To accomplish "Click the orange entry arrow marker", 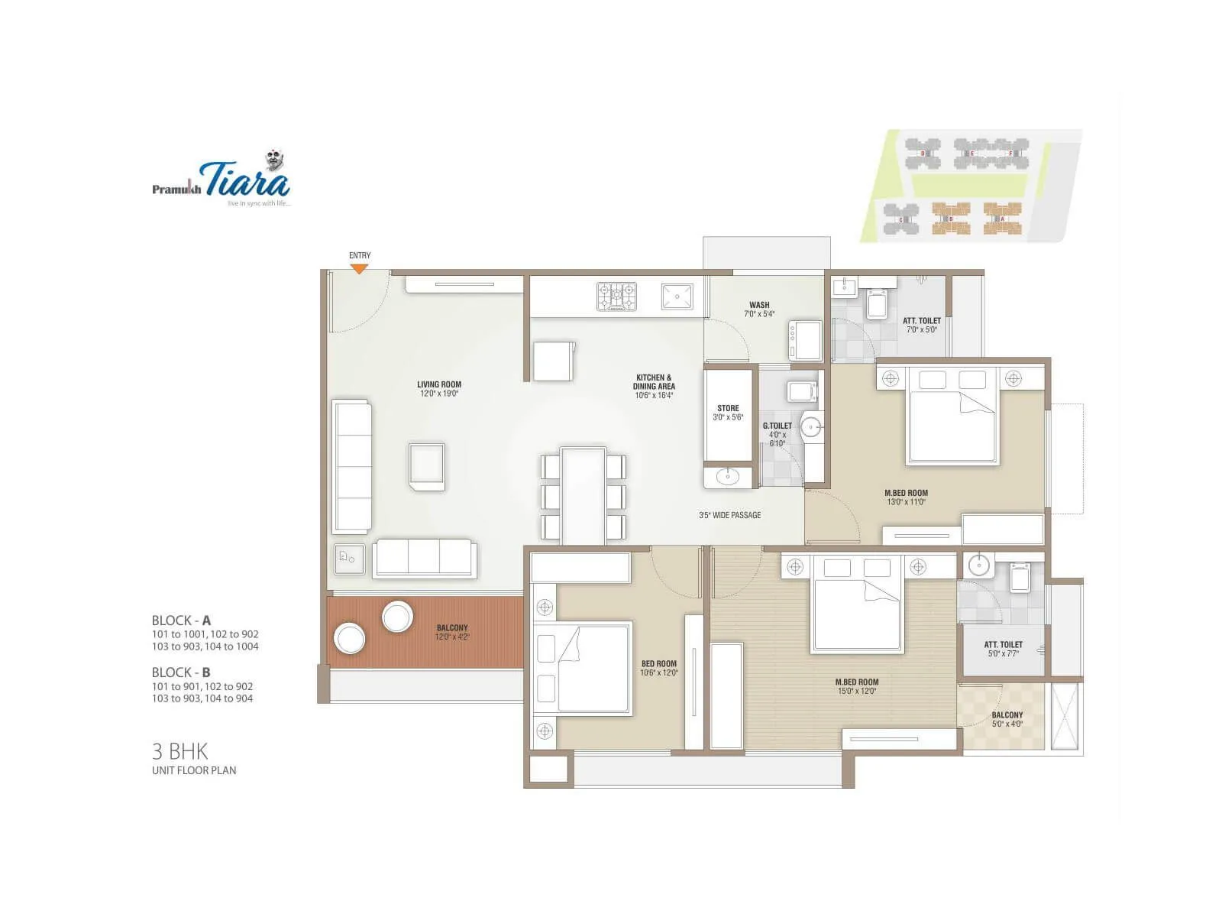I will point(359,268).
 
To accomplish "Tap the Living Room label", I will point(439,389).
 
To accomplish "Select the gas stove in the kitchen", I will point(616,296).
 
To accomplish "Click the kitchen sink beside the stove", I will point(677,296).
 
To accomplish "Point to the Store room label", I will point(728,413).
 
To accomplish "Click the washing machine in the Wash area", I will point(805,341).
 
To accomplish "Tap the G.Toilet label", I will point(777,434).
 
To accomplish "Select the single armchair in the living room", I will point(426,466).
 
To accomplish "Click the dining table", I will point(584,495).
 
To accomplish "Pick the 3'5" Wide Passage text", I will point(729,515).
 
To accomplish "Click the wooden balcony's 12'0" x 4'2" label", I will point(452,632).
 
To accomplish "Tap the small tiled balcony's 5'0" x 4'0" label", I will point(1007,719).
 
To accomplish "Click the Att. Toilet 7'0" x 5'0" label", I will point(921,326).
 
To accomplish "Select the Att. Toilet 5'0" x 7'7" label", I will point(1003,649).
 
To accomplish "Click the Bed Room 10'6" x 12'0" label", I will point(658,669).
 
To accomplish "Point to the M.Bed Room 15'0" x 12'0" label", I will point(857,686).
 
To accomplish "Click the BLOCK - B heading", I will point(181,672).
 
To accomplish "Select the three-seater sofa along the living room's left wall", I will point(352,465).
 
